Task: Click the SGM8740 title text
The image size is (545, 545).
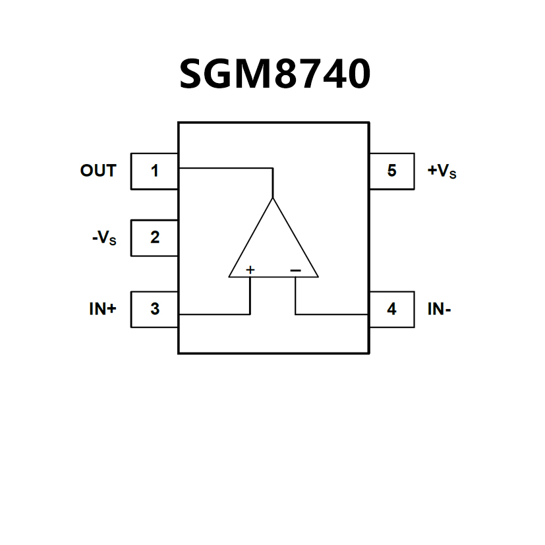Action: click(275, 74)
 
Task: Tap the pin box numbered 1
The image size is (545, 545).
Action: click(155, 171)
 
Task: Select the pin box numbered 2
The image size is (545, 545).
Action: click(155, 238)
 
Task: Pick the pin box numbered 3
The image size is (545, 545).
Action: click(155, 309)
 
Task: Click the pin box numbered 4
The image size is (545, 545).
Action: click(391, 309)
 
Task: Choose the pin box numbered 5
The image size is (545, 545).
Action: click(391, 171)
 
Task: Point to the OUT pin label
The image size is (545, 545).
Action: click(98, 171)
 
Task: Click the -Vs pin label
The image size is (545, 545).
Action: click(104, 239)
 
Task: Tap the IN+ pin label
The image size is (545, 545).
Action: click(103, 309)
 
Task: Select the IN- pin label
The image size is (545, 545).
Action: click(439, 309)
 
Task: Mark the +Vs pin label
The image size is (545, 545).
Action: click(442, 171)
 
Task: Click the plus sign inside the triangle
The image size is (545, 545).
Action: click(250, 270)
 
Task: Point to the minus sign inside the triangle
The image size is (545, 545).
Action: click(295, 270)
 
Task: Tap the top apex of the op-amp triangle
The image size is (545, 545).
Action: click(273, 197)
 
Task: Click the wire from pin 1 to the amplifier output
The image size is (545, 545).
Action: click(224, 169)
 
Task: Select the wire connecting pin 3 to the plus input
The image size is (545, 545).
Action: click(214, 314)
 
